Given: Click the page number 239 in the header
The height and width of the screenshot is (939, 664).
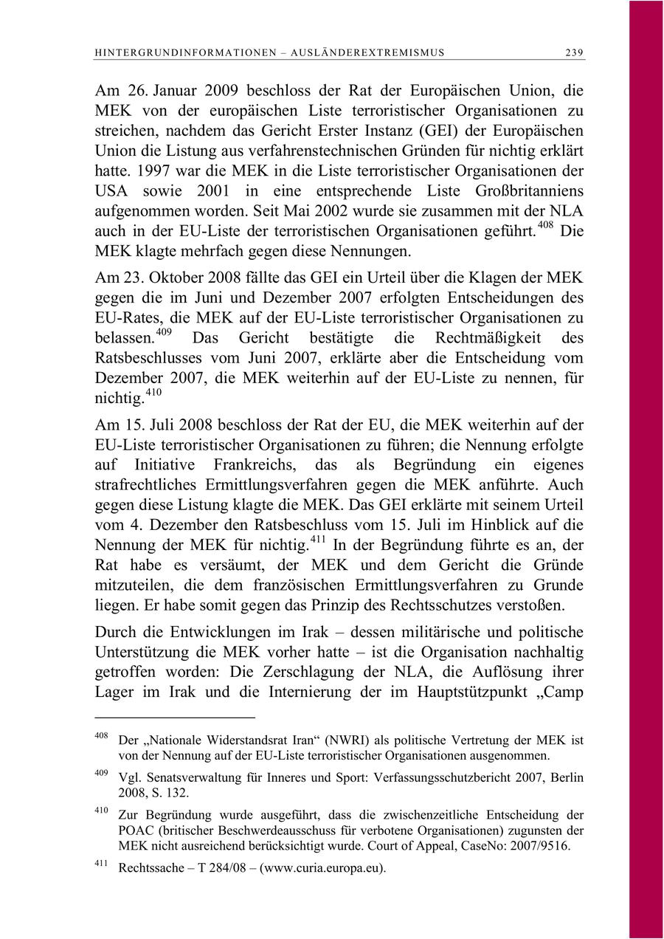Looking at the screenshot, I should tap(575, 52).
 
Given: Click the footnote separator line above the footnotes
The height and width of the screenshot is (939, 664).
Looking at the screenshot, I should tap(175, 716).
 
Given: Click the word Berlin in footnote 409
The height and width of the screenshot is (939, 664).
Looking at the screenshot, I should tap(567, 777).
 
